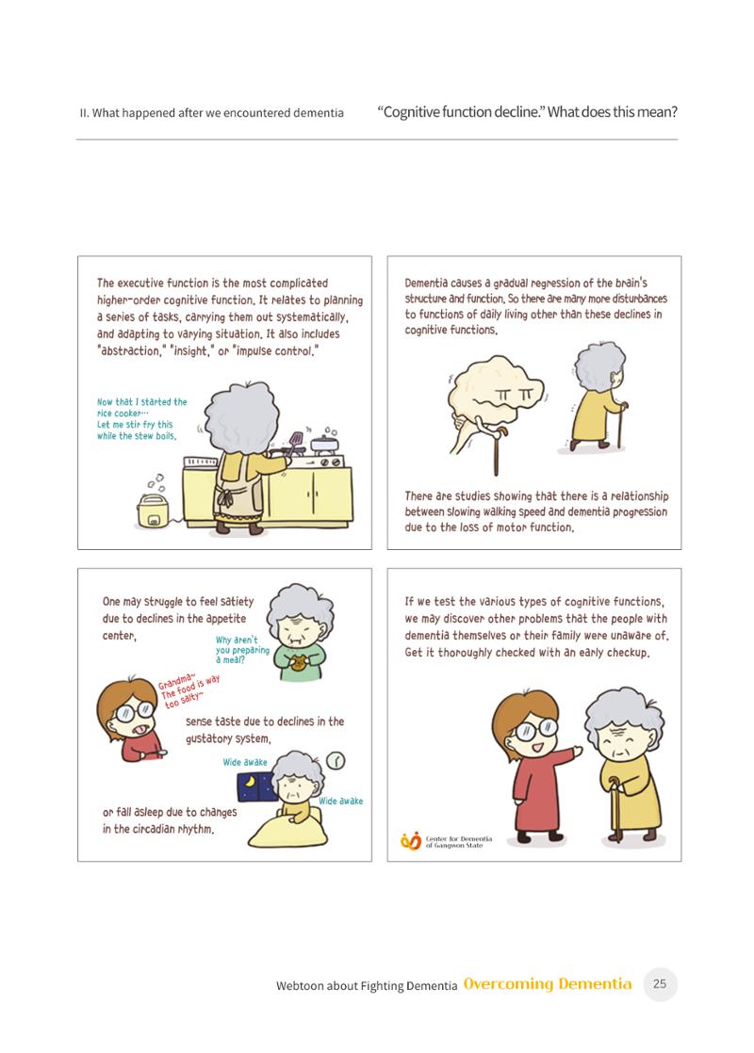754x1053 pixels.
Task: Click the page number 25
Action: coord(660,984)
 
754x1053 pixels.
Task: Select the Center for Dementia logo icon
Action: coord(411,841)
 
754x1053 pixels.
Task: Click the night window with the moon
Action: coord(256,786)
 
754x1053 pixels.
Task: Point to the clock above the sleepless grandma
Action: coord(336,760)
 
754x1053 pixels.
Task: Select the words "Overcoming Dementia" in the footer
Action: coord(548,984)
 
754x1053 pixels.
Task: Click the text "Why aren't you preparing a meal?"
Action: coord(242,650)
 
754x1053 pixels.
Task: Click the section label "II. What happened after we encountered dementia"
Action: coord(212,113)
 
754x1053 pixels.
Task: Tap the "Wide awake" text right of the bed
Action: coord(340,802)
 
